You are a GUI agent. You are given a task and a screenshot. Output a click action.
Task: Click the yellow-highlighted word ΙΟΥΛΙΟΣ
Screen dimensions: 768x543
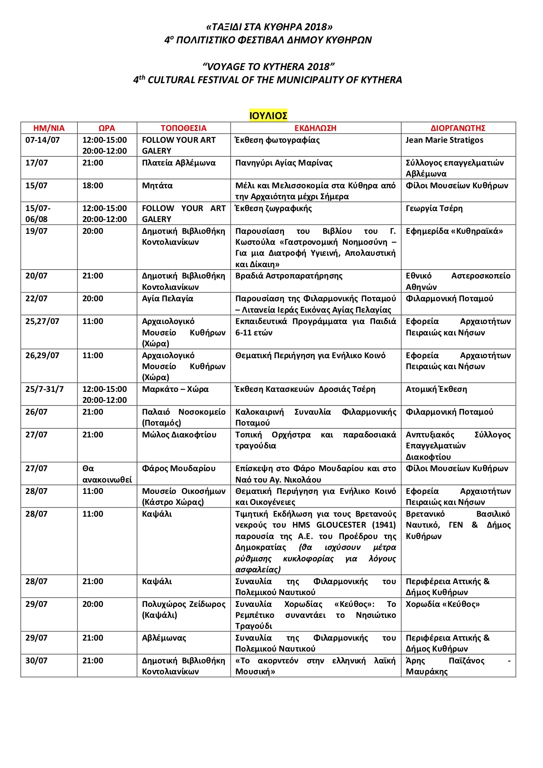[x=268, y=116]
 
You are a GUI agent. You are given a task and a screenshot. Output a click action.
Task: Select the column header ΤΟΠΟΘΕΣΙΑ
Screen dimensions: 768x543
[x=183, y=128]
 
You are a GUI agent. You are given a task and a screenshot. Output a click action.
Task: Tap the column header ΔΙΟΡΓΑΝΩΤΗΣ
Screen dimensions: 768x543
[x=458, y=128]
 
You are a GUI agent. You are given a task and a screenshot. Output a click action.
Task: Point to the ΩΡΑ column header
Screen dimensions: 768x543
[x=106, y=128]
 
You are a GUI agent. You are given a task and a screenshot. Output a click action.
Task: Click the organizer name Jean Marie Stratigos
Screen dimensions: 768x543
[x=444, y=140]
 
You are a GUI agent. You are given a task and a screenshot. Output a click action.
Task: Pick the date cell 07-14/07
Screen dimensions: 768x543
[x=43, y=140]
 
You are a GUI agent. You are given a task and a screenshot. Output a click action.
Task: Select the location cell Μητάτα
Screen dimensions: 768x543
[x=157, y=186]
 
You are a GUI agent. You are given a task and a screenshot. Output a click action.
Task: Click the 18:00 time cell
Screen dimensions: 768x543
[x=93, y=186]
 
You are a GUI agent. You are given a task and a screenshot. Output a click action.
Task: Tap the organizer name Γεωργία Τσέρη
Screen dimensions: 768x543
[x=434, y=208]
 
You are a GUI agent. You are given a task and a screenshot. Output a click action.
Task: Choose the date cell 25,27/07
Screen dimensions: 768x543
[x=42, y=321]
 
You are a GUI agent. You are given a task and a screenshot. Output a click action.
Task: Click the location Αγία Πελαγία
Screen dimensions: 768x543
[x=167, y=299]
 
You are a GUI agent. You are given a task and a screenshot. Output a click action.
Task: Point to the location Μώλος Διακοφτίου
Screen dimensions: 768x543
[x=179, y=435]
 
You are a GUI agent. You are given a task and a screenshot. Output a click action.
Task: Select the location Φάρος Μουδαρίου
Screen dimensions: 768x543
[x=178, y=469]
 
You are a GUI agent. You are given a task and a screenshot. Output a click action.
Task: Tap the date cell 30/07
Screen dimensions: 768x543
[x=36, y=661]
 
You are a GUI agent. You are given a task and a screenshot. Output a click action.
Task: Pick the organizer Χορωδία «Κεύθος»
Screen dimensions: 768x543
[x=443, y=604]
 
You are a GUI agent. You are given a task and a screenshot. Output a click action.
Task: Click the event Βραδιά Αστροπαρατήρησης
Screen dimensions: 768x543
[x=289, y=276]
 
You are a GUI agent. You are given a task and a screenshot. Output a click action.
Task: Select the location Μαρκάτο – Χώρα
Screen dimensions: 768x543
[x=175, y=389]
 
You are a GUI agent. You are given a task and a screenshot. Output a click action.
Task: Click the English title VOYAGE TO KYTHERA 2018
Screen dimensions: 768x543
[x=268, y=67]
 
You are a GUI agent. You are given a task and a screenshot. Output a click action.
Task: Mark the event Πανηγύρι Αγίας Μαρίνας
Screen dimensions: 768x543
[x=284, y=163]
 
